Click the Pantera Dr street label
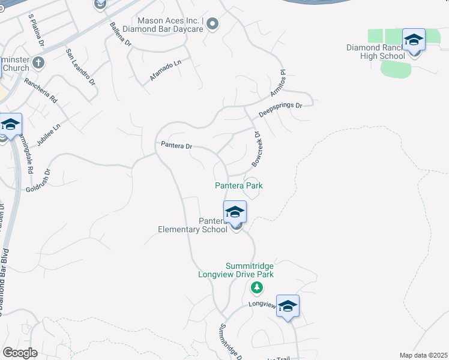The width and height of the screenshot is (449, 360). tap(176, 145)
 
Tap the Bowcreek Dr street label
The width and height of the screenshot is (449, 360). tap(257, 149)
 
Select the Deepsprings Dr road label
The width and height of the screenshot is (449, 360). tap(281, 109)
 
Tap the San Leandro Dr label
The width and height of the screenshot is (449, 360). tap(80, 62)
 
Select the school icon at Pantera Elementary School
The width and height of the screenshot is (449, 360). tap(235, 212)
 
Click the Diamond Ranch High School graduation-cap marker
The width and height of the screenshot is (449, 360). tap(414, 40)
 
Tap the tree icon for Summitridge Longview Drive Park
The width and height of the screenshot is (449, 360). tap(257, 289)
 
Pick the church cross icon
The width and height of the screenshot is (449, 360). tap(38, 62)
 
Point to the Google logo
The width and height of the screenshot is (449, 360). tap(20, 353)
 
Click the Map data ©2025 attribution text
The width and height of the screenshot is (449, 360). tap(423, 355)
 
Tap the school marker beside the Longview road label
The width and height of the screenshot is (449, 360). tap(288, 306)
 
